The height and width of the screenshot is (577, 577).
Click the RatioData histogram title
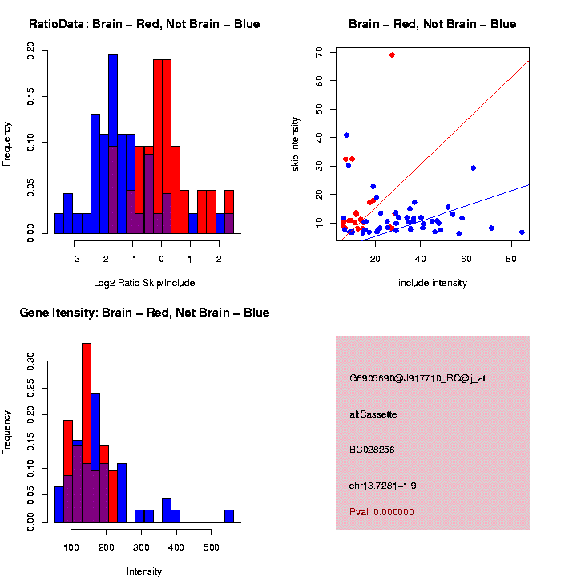point(144,24)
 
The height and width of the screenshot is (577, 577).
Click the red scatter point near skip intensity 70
point(392,54)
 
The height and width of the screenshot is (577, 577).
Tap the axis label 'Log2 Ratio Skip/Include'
point(144,282)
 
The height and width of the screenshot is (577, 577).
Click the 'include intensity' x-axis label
point(433,282)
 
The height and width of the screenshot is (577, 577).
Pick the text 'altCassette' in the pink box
point(373,414)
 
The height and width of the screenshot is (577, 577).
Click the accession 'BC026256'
point(372,450)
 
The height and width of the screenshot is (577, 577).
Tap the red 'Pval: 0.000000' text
point(381,512)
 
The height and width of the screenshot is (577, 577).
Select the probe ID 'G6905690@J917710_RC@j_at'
point(418,378)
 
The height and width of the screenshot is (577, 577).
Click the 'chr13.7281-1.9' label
point(382,486)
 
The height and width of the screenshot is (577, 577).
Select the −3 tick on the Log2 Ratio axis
point(75,258)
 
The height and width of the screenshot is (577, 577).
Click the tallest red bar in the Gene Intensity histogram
point(87,433)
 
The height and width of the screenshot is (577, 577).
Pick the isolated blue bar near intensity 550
point(229,515)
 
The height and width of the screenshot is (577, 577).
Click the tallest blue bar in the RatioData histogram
point(113,144)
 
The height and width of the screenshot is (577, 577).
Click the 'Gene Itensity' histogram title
point(144,313)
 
